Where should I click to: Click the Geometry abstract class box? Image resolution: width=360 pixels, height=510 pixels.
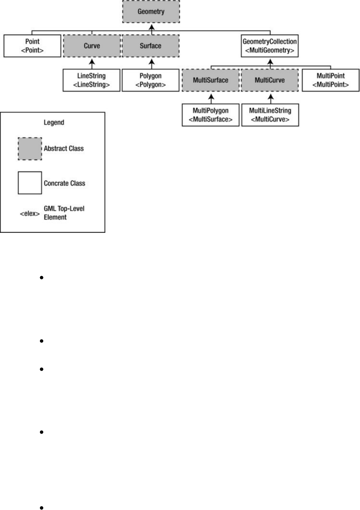tap(151, 12)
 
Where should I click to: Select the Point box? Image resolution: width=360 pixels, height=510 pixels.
tap(32, 46)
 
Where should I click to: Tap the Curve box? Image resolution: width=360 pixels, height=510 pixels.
tap(92, 46)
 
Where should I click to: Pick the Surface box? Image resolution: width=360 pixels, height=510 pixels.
tap(151, 46)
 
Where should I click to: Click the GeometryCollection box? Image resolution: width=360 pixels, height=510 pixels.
tap(270, 46)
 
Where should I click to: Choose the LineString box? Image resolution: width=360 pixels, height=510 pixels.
tap(91, 80)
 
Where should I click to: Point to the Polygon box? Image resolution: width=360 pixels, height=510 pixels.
tap(151, 80)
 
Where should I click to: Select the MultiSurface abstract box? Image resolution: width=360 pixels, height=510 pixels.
tap(210, 80)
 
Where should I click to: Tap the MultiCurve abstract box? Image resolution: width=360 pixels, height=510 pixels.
tap(270, 80)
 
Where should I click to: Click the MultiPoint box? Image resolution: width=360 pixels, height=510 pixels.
tap(330, 80)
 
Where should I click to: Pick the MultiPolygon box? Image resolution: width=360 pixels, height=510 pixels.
tap(210, 115)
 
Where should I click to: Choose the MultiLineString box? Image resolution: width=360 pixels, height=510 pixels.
tap(270, 115)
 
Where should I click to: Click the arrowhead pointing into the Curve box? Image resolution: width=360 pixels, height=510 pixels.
tap(92, 61)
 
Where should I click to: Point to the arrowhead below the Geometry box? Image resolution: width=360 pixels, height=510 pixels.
tap(151, 26)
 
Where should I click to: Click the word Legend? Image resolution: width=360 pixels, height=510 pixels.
tap(54, 122)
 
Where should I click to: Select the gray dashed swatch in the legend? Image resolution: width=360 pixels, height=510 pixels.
tap(30, 149)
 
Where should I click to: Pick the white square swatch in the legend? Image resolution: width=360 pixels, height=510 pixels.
tap(30, 183)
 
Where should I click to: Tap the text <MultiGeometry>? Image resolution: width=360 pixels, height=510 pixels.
tap(270, 50)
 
